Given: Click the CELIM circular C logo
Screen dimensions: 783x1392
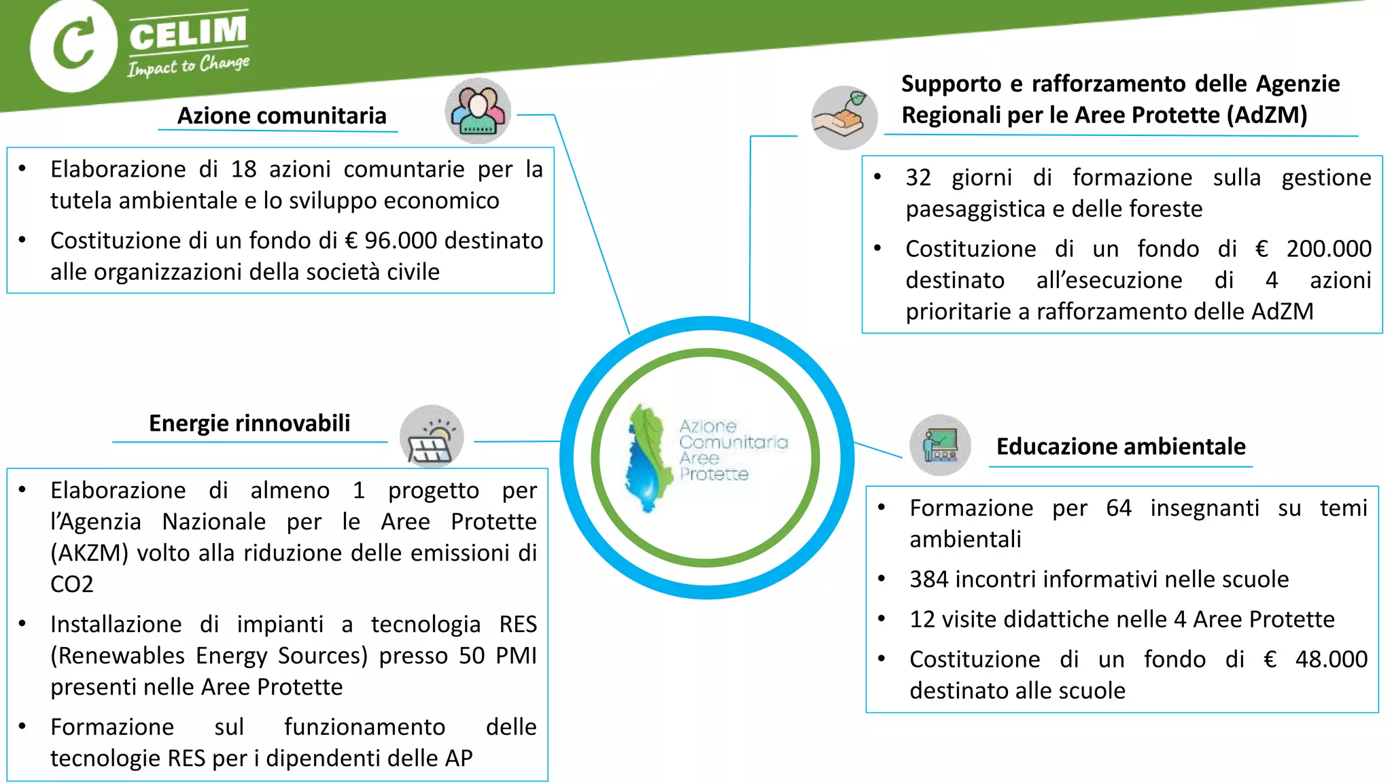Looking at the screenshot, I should pyautogui.click(x=73, y=46).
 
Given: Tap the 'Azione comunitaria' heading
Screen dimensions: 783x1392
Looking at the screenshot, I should pyautogui.click(x=281, y=116).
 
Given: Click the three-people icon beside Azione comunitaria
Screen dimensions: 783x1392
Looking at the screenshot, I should pyautogui.click(x=478, y=111).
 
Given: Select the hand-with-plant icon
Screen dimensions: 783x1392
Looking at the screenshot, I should pyautogui.click(x=844, y=118).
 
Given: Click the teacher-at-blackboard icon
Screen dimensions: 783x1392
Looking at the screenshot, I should pyautogui.click(x=940, y=445).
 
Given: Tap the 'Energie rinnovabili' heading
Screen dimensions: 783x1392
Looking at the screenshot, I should pyautogui.click(x=249, y=423).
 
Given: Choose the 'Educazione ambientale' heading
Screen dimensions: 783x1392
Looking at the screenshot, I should pyautogui.click(x=1121, y=447).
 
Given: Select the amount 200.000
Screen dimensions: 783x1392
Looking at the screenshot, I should pyautogui.click(x=1329, y=249).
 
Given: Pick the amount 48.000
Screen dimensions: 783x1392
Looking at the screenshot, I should pyautogui.click(x=1331, y=659).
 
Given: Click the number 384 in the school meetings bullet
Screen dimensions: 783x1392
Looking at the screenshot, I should pyautogui.click(x=928, y=579).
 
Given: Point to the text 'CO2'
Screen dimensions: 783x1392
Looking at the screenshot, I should pyautogui.click(x=71, y=585).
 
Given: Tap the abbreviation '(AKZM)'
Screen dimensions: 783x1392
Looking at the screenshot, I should pyautogui.click(x=89, y=553).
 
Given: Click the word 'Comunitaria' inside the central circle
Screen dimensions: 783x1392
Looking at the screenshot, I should pyautogui.click(x=733, y=442).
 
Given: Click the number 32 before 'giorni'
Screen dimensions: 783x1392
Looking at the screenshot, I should pyautogui.click(x=918, y=178).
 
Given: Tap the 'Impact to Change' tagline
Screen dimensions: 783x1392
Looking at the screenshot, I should pyautogui.click(x=188, y=66).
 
